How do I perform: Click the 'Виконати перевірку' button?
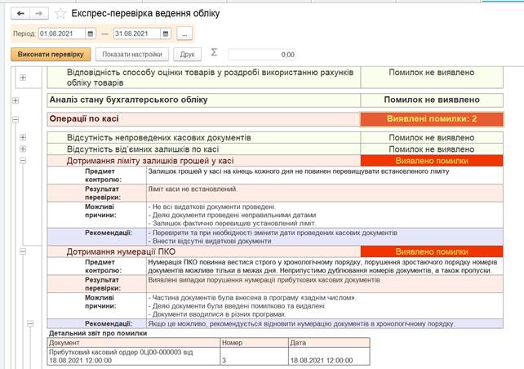click(x=51, y=55)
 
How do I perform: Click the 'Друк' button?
click(x=188, y=55)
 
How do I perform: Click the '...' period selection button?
click(x=184, y=33)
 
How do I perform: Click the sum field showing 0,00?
click(x=262, y=55)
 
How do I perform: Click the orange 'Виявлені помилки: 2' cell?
click(x=431, y=119)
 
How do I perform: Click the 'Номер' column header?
click(x=233, y=344)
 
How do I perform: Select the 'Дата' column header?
click(x=299, y=344)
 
